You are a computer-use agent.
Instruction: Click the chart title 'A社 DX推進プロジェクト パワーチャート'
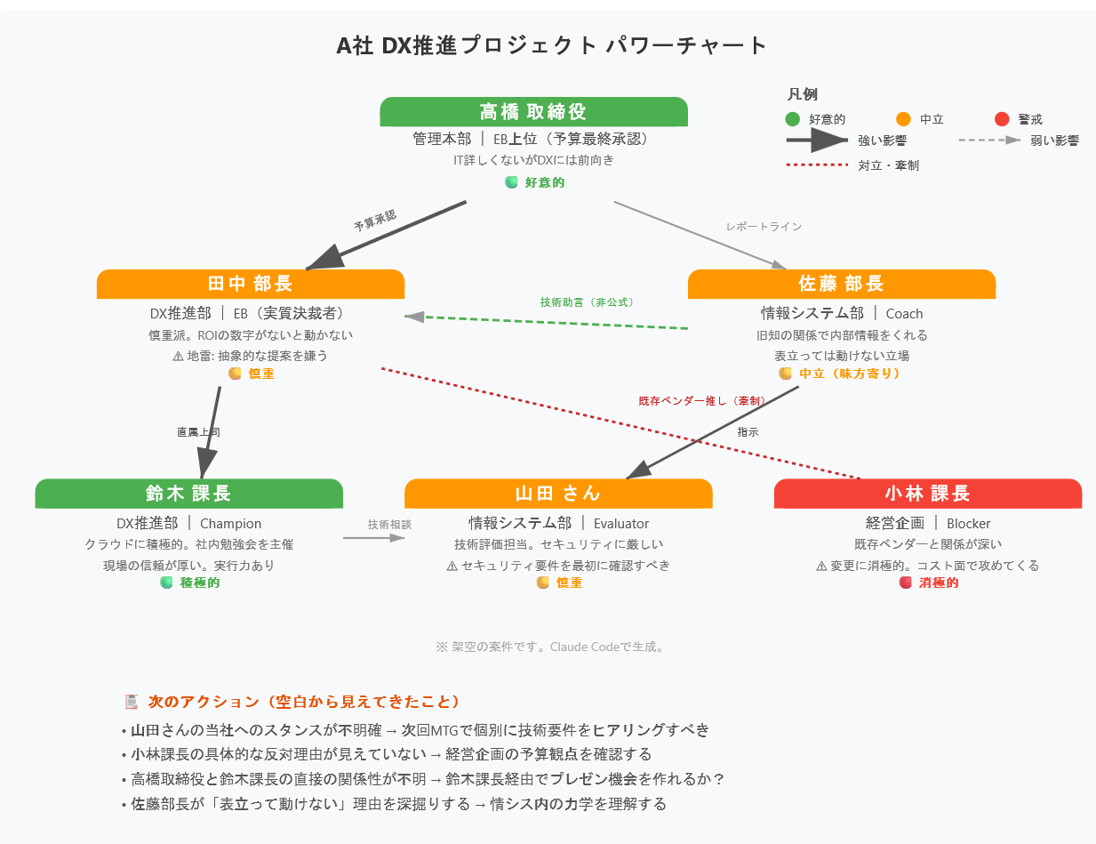(x=551, y=46)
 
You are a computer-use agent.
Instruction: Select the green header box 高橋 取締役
(x=533, y=111)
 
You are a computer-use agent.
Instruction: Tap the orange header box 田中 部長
(x=250, y=284)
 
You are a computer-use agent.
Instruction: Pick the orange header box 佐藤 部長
(x=841, y=284)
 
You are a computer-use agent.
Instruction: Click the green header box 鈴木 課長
(x=188, y=494)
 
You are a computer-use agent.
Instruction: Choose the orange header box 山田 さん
(x=558, y=494)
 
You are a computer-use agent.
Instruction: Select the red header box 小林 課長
(x=927, y=494)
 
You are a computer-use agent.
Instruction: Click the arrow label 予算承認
(x=374, y=221)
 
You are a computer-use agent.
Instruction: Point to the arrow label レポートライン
(x=764, y=227)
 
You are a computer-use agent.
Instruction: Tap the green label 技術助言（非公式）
(x=587, y=302)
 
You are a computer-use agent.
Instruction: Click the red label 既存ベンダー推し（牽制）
(x=701, y=400)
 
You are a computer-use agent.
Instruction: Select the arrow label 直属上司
(x=198, y=432)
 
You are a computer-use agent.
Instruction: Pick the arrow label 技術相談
(x=389, y=524)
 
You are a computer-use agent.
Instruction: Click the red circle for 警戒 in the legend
(x=1002, y=119)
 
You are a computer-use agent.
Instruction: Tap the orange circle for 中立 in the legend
(x=904, y=119)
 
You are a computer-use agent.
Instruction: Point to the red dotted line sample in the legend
(x=818, y=165)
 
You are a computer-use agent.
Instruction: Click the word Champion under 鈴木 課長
(x=231, y=524)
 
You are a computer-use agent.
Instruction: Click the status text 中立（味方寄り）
(x=850, y=374)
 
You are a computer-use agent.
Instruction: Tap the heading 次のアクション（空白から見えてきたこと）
(x=304, y=702)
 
